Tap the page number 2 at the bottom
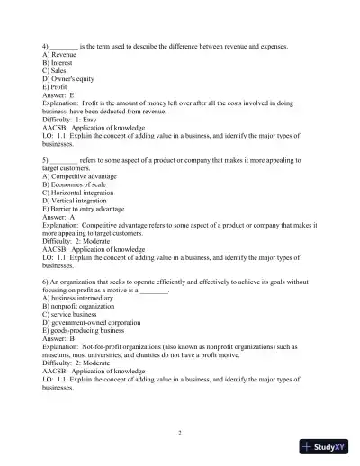(180, 433)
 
